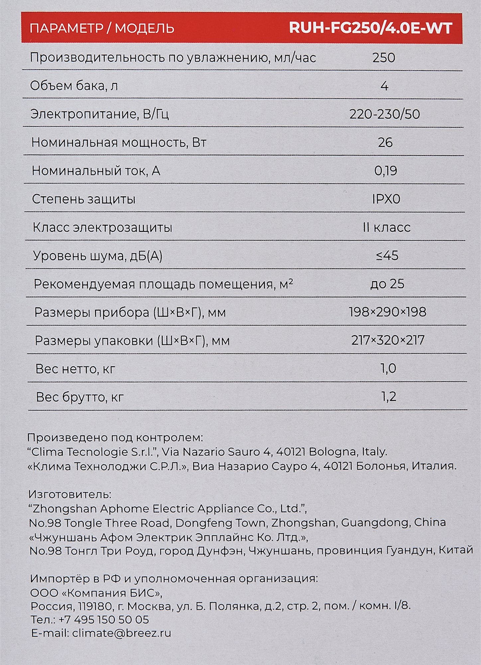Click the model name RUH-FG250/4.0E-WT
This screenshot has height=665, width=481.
tap(370, 28)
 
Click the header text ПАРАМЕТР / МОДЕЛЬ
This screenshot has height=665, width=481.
tap(102, 29)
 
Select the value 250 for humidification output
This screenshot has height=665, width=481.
tap(384, 58)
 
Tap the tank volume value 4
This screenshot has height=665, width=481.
tap(384, 86)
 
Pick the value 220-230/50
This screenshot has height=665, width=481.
tap(385, 114)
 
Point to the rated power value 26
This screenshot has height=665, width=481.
tap(385, 143)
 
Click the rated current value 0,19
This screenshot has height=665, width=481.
tap(386, 171)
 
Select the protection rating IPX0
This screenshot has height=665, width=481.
tap(386, 199)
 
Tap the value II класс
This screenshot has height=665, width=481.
tap(387, 227)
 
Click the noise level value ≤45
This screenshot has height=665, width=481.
tap(387, 256)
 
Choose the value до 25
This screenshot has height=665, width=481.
tap(387, 284)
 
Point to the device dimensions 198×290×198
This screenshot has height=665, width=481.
tap(388, 312)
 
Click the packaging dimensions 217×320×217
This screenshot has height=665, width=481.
tap(388, 340)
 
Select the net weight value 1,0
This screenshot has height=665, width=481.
tap(388, 368)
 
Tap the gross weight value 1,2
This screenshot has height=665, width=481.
tap(389, 397)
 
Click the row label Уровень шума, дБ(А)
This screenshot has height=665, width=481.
tap(98, 256)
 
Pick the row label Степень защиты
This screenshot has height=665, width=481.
tap(84, 199)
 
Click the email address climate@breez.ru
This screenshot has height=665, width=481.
tap(121, 633)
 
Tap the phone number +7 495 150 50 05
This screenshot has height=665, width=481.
tap(104, 620)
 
